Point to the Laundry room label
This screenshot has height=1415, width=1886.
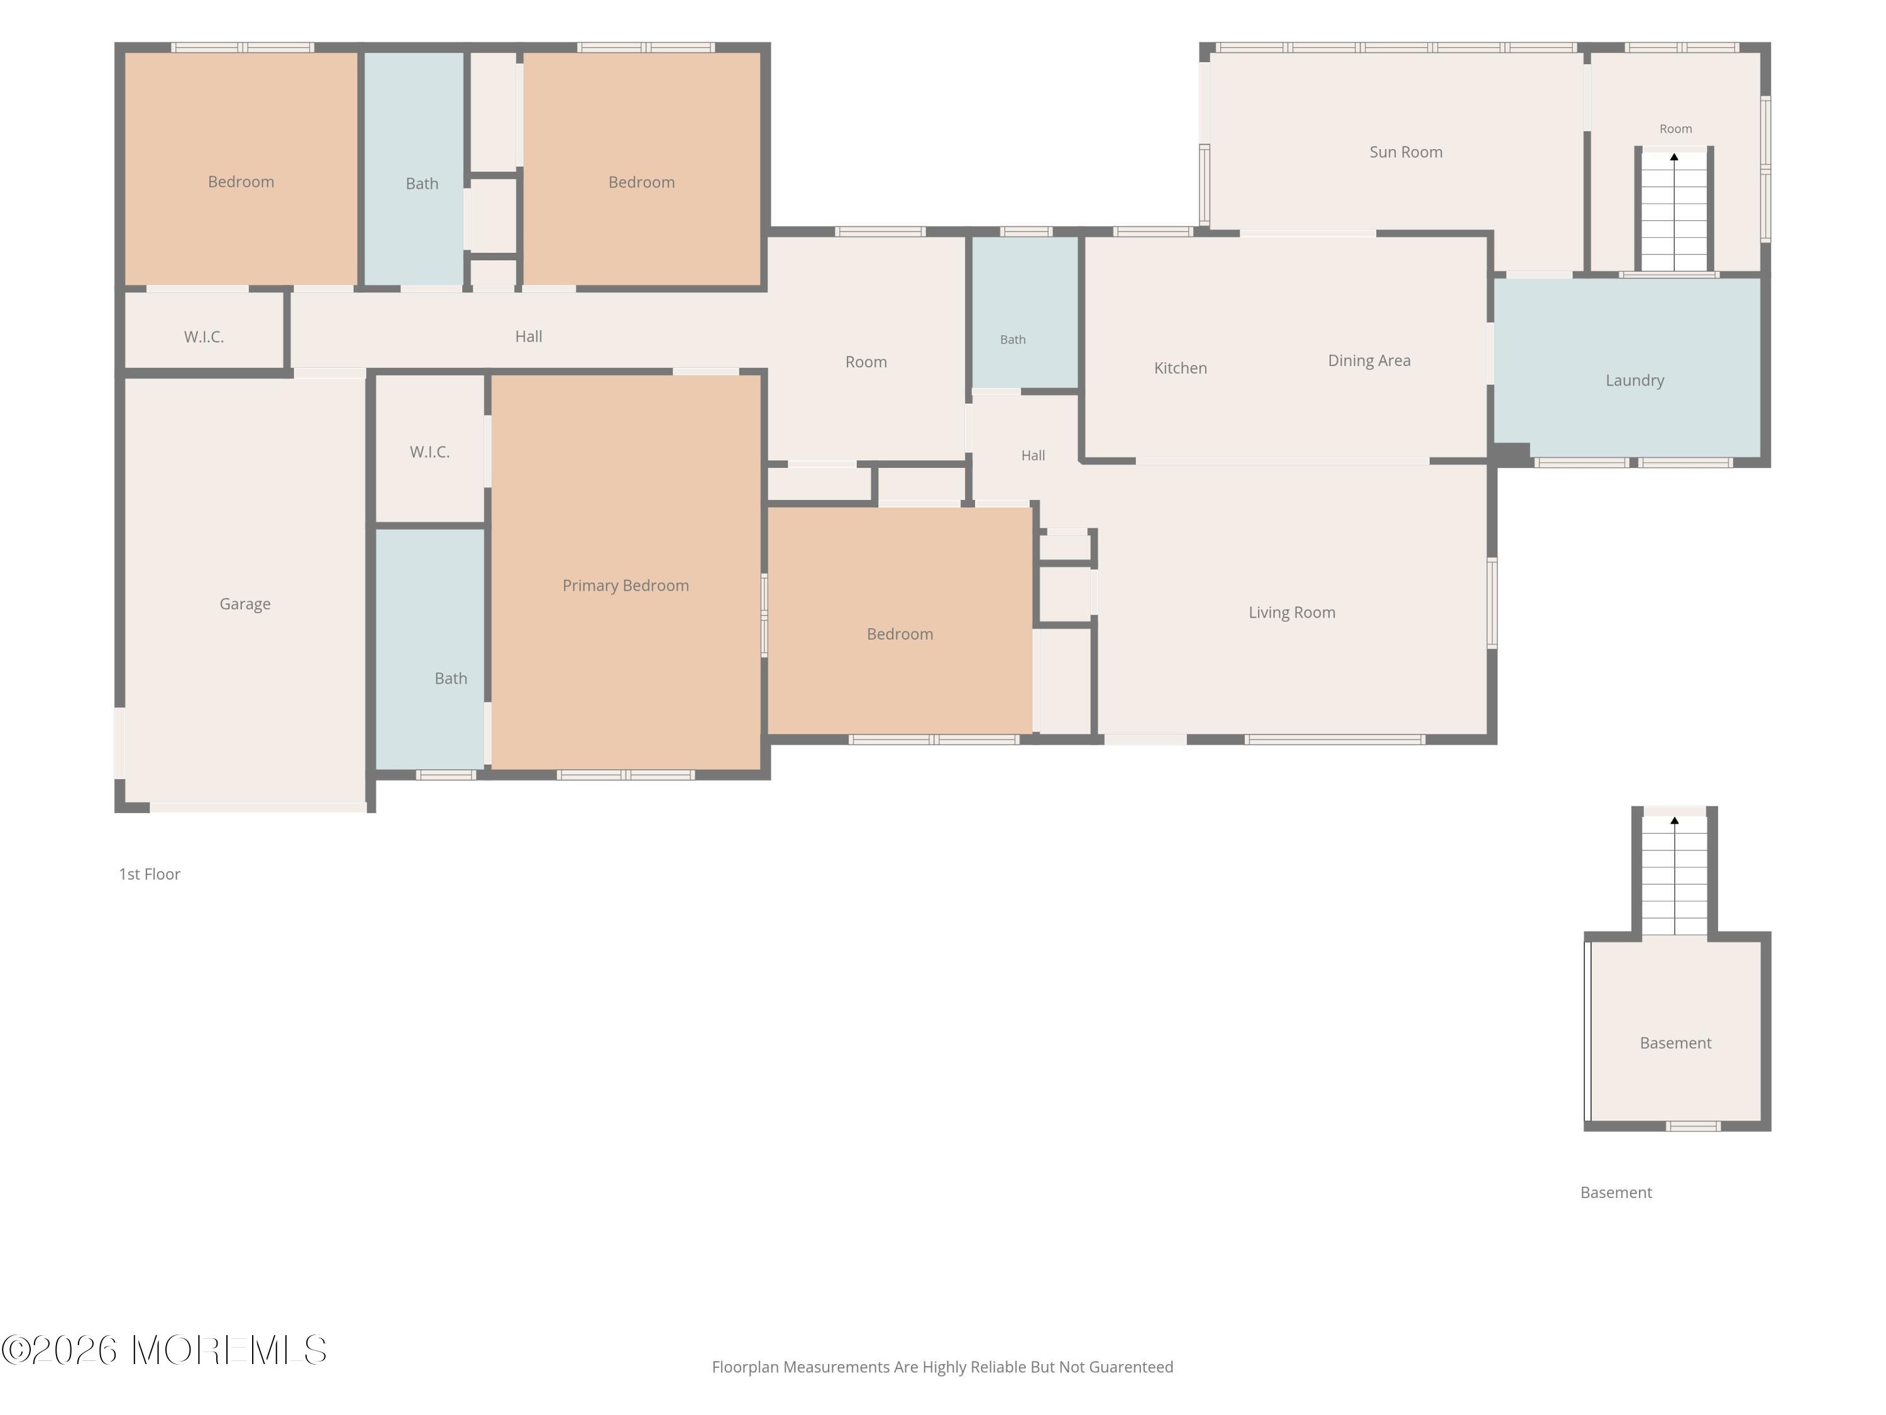(x=1635, y=381)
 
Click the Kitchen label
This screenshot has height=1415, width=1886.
(x=1180, y=369)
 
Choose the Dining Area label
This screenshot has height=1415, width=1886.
(x=1369, y=362)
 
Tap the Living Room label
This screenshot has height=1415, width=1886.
(x=1292, y=613)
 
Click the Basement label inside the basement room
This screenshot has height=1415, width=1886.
(x=1675, y=1043)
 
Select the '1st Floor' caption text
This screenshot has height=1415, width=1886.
(x=149, y=874)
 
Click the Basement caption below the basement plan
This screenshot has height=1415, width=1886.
(x=1616, y=1192)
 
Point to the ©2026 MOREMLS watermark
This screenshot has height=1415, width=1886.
(x=163, y=1350)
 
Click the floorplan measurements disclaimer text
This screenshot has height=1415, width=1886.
(x=942, y=1367)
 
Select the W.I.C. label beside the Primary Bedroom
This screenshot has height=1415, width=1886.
(x=430, y=452)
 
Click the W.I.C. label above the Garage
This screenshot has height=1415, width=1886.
(x=204, y=337)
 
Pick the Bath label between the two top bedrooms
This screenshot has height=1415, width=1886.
(x=422, y=184)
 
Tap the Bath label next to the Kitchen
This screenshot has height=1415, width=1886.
(x=1013, y=340)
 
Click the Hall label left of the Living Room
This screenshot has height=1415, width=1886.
(x=1034, y=455)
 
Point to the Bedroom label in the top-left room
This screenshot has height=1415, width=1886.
(x=241, y=182)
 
